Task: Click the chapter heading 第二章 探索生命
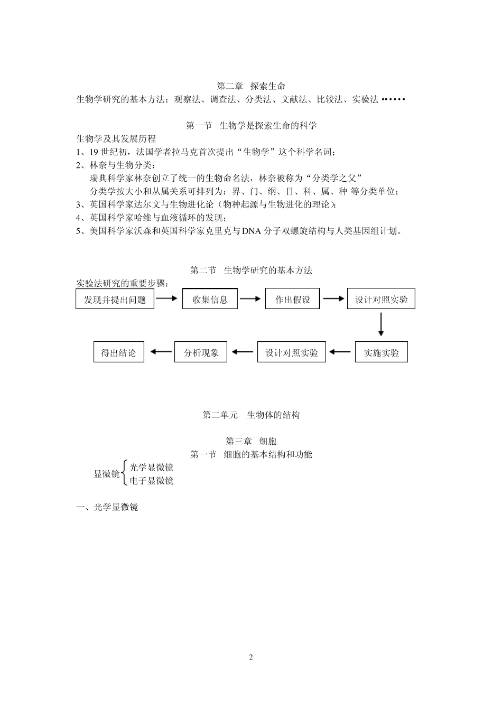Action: click(x=251, y=86)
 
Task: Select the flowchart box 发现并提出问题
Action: click(x=115, y=300)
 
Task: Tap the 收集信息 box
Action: click(x=210, y=300)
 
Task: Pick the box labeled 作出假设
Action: click(x=292, y=300)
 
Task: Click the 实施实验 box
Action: click(x=381, y=352)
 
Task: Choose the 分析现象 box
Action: click(x=201, y=352)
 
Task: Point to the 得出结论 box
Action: click(x=118, y=352)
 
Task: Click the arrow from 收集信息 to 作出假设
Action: click(x=250, y=299)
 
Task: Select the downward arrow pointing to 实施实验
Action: click(x=380, y=324)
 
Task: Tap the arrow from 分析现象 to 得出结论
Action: click(x=161, y=352)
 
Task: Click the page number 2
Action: click(x=251, y=657)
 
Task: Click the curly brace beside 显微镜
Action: click(x=124, y=473)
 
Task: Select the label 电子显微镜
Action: click(x=152, y=480)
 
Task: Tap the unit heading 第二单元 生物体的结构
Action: click(x=251, y=415)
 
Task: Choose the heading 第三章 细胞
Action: click(x=251, y=441)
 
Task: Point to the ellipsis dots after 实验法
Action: click(x=393, y=99)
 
